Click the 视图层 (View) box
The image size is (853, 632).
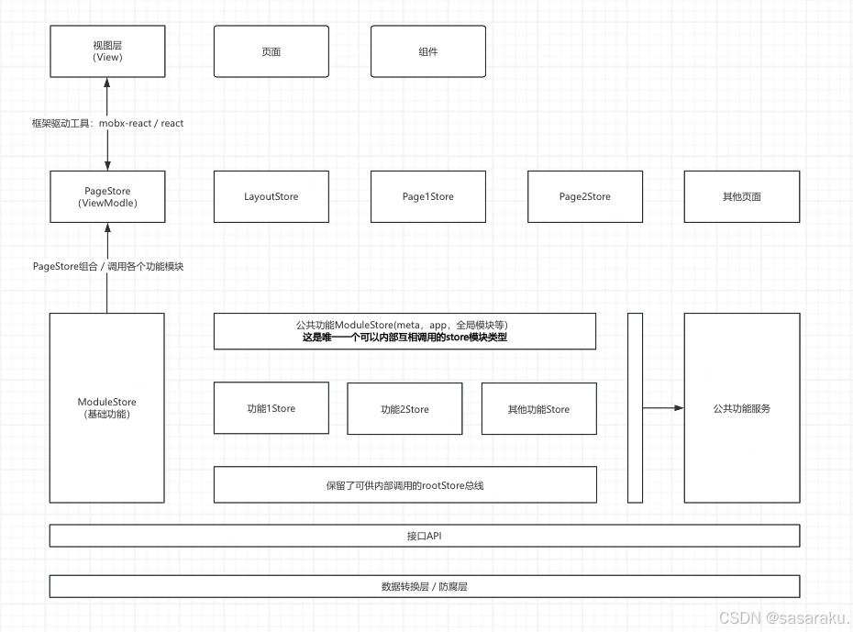click(x=107, y=51)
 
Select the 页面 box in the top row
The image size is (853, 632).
click(x=271, y=51)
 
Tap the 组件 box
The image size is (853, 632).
click(x=427, y=51)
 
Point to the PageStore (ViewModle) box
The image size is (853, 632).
click(x=107, y=196)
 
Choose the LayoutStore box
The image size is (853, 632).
click(x=271, y=196)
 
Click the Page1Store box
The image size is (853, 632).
click(x=427, y=196)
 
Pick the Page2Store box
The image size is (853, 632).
click(x=584, y=196)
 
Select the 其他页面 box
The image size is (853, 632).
click(x=741, y=196)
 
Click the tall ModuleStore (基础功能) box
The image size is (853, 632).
click(x=107, y=407)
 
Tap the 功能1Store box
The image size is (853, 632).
click(x=271, y=408)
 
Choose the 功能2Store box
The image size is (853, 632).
click(x=404, y=409)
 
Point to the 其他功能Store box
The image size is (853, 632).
click(x=538, y=409)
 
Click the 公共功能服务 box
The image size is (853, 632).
click(x=741, y=408)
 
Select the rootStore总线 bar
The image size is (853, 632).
click(x=404, y=484)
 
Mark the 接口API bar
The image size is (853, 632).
click(x=424, y=536)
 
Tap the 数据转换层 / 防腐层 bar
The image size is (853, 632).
click(x=424, y=586)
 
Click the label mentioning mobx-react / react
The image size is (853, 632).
click(x=108, y=123)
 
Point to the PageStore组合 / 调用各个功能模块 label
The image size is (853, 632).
click(x=108, y=266)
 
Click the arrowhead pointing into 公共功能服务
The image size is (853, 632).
click(x=679, y=408)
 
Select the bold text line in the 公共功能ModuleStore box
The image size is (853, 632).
click(x=404, y=338)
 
